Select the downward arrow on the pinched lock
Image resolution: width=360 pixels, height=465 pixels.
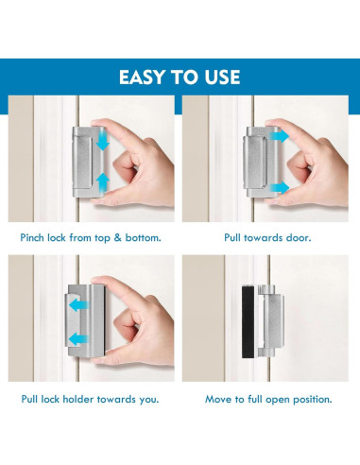point(103,142)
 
